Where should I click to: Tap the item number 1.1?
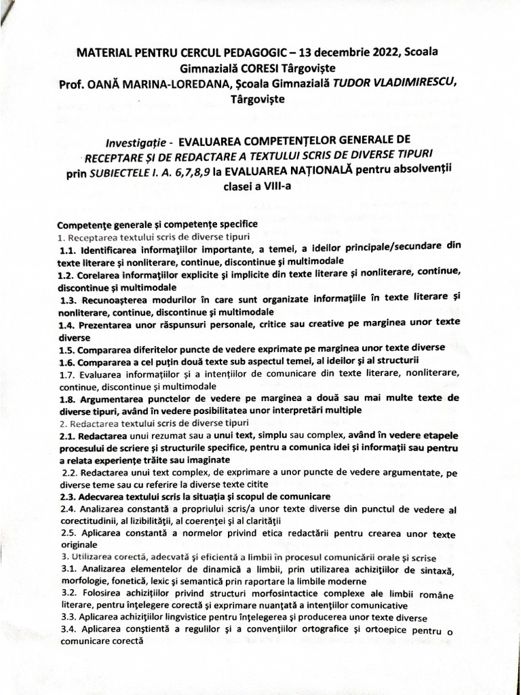point(70,250)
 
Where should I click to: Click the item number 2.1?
point(69,435)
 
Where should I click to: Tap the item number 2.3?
point(67,496)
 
